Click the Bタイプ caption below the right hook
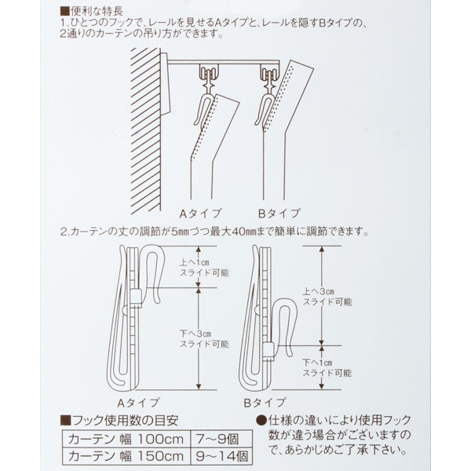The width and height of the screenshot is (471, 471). click(271, 401)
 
